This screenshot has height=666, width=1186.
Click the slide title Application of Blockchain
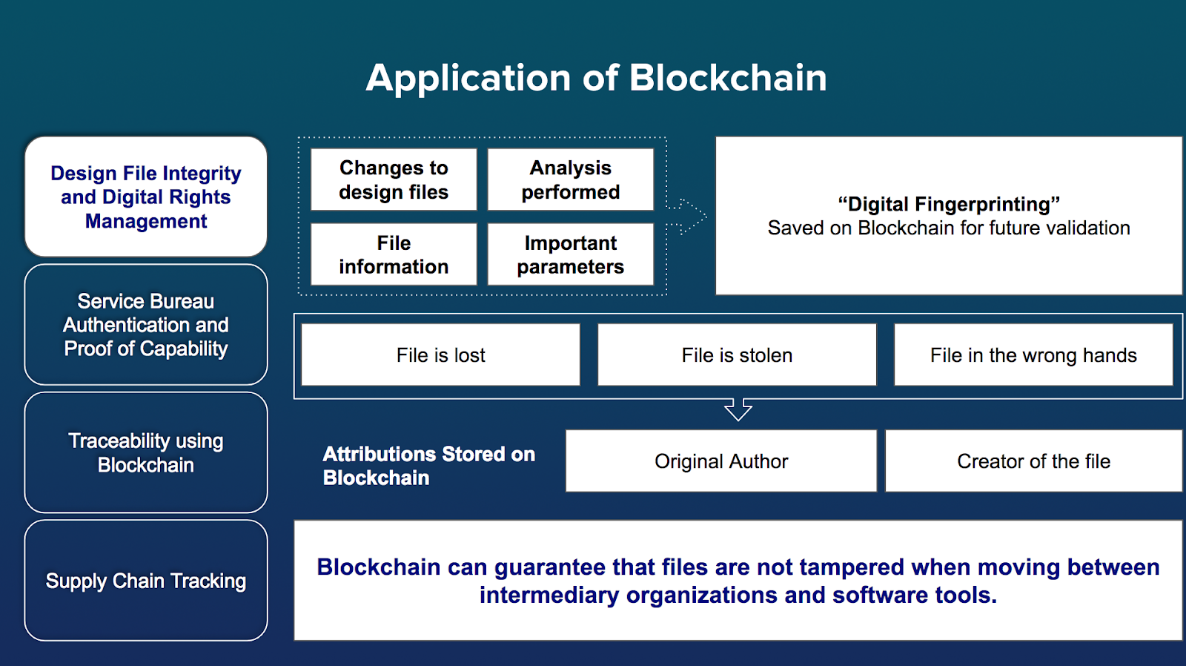[596, 78]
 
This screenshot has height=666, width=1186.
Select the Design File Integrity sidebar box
[146, 197]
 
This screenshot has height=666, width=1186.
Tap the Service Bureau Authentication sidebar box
[146, 325]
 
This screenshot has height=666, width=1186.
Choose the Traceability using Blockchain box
[146, 452]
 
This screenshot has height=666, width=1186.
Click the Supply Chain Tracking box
[146, 581]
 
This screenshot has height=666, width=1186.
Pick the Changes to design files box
[394, 179]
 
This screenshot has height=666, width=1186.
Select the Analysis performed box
[570, 179]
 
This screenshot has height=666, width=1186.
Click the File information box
[394, 254]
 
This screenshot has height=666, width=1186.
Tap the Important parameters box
[570, 254]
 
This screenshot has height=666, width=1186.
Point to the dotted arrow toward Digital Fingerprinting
[688, 216]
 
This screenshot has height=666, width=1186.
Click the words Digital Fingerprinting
[949, 204]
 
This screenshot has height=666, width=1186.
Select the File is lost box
[440, 355]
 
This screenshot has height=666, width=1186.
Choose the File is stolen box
[737, 355]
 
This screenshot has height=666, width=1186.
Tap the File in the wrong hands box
[1033, 355]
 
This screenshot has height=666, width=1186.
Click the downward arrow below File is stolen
[738, 409]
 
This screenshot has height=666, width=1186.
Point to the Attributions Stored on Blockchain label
[428, 466]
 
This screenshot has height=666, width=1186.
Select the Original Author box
[720, 461]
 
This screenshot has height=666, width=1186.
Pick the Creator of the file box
[1033, 461]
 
